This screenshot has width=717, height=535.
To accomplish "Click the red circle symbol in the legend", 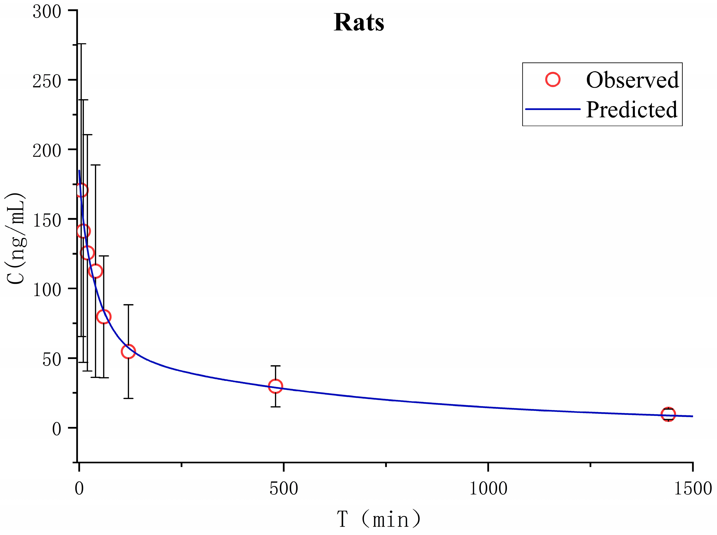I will pyautogui.click(x=553, y=79).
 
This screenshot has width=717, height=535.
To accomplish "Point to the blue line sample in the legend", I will pyautogui.click(x=553, y=109).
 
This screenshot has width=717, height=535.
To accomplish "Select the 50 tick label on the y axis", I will pyautogui.click(x=52, y=360).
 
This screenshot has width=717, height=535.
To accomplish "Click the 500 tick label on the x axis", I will pyautogui.click(x=283, y=488).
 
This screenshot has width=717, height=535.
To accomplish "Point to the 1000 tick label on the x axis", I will pyautogui.click(x=488, y=488).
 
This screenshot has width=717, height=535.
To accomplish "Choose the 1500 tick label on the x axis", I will pyautogui.click(x=692, y=488).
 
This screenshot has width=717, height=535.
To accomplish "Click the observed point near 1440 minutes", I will pyautogui.click(x=668, y=414).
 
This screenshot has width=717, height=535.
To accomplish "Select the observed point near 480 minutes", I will pyautogui.click(x=275, y=386).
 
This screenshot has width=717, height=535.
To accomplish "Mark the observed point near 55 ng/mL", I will pyautogui.click(x=128, y=351).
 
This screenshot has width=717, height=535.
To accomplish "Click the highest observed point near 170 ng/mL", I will pyautogui.click(x=81, y=190).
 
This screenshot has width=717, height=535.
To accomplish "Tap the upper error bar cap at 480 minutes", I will pyautogui.click(x=275, y=366).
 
